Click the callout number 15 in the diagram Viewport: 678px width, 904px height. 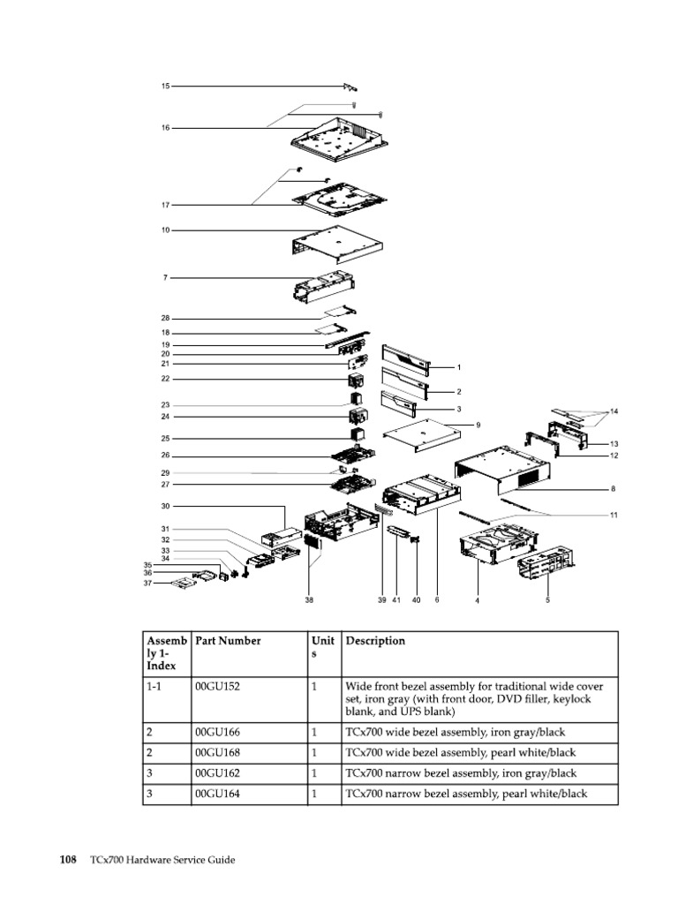click(165, 87)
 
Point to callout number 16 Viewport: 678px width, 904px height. click(165, 128)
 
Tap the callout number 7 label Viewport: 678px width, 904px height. click(165, 278)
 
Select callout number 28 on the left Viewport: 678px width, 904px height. click(165, 318)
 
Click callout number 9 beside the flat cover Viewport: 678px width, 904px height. click(478, 425)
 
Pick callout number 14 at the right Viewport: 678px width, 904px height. click(614, 412)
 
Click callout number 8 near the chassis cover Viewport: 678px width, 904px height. click(613, 488)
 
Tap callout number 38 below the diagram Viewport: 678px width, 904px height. click(309, 600)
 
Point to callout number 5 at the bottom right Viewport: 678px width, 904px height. click(547, 600)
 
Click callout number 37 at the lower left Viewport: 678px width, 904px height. click(149, 583)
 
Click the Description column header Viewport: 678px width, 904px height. click(375, 641)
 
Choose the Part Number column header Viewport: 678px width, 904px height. click(228, 641)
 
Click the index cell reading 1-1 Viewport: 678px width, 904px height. click(154, 686)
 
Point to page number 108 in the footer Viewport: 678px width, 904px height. click(68, 859)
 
